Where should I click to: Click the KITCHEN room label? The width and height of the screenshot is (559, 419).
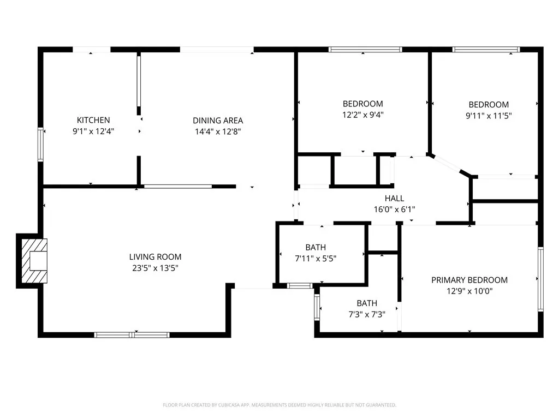click(93, 120)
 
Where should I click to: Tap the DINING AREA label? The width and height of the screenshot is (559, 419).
click(218, 121)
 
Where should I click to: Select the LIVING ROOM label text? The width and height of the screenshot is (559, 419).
click(155, 257)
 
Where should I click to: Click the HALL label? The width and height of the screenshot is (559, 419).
click(394, 199)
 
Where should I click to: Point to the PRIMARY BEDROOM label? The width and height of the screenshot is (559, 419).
click(469, 280)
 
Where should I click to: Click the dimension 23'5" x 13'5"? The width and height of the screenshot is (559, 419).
click(155, 268)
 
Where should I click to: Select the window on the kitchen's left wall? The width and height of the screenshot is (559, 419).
click(40, 144)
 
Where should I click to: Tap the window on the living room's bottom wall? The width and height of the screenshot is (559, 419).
click(132, 334)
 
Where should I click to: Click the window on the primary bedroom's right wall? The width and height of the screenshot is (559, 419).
click(540, 279)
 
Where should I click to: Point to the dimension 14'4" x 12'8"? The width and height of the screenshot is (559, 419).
click(218, 131)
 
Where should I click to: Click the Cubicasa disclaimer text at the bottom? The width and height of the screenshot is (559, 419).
click(279, 405)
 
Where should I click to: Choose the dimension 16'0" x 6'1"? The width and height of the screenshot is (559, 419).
click(394, 209)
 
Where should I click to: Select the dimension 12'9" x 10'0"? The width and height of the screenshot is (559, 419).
click(469, 291)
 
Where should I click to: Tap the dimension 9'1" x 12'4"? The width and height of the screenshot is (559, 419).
click(93, 131)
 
